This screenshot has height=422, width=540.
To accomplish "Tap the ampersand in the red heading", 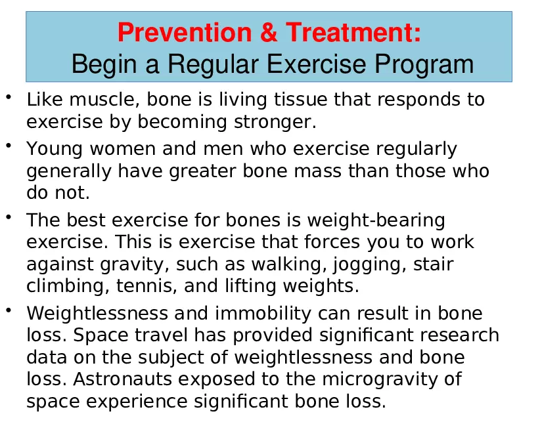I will click(x=269, y=32).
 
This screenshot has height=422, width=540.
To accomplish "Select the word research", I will click(x=453, y=335).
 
